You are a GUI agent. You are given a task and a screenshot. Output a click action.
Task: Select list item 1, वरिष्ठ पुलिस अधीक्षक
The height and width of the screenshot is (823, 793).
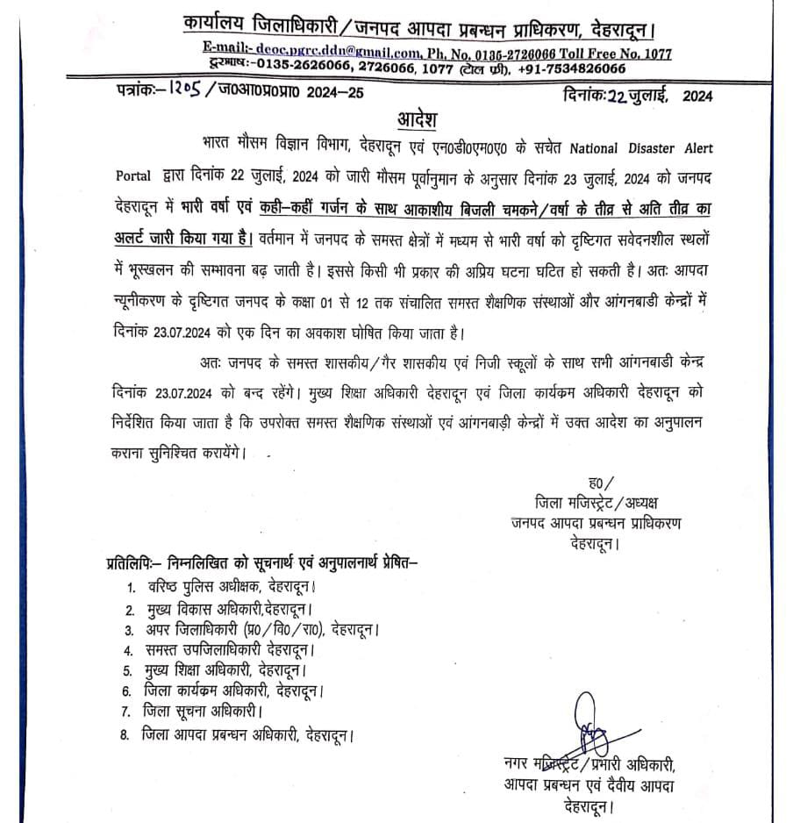tap(228, 588)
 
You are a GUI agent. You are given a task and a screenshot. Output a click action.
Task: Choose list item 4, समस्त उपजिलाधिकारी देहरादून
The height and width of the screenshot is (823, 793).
tap(228, 650)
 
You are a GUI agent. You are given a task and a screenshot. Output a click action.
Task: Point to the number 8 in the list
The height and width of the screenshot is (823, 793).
tap(125, 733)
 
